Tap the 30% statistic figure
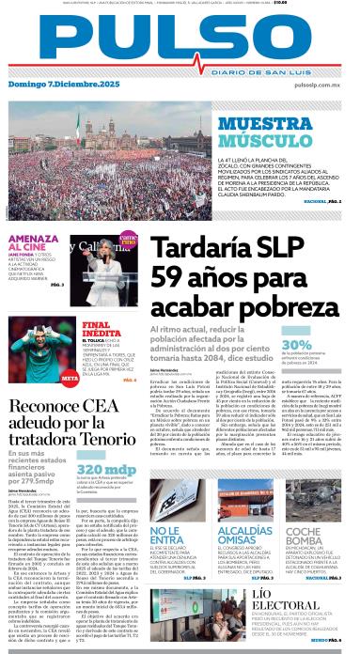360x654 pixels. (x=297, y=345)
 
